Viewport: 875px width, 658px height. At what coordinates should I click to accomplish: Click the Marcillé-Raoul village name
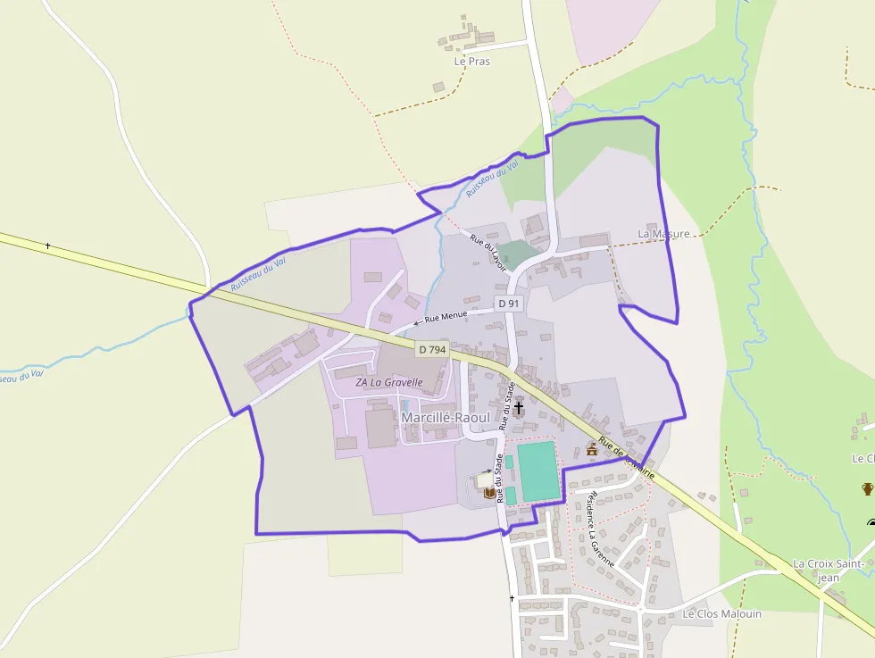[x=446, y=417]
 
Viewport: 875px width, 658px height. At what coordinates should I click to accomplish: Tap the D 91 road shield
[x=509, y=304]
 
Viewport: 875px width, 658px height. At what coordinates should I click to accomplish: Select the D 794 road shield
[x=432, y=350]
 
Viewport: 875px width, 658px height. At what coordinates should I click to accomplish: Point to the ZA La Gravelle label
[x=388, y=382]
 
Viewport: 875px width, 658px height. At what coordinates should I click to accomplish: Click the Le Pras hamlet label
[x=472, y=62]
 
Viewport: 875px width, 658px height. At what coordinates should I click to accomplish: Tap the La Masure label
[x=663, y=234]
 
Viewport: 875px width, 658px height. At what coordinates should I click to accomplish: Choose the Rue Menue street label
[x=446, y=316]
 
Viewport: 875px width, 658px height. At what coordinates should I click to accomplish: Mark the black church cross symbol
[x=519, y=408]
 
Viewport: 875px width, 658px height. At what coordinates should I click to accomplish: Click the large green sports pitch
[x=538, y=471]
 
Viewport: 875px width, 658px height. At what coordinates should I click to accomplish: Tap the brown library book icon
[x=488, y=492]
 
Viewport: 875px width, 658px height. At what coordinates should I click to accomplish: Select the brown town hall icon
[x=591, y=448]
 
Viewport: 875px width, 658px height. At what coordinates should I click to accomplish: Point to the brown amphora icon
[x=867, y=488]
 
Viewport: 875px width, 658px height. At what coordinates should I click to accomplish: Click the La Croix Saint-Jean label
[x=828, y=570]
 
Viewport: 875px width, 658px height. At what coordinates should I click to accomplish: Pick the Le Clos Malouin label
[x=722, y=613]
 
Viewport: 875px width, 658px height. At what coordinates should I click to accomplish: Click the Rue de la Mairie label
[x=628, y=457]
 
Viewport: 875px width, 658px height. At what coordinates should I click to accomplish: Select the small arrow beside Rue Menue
[x=417, y=322]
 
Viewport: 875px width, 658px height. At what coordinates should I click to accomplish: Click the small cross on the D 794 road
[x=47, y=246]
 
